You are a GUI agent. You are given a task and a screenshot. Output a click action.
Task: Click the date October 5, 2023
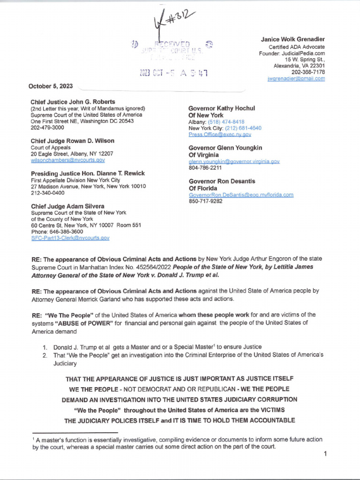click(x=52, y=86)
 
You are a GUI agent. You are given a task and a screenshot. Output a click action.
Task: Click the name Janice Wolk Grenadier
click(x=293, y=39)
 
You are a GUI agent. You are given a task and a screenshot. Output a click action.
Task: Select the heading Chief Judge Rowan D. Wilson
click(x=72, y=141)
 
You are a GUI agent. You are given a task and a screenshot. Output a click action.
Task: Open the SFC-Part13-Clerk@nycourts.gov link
click(x=70, y=238)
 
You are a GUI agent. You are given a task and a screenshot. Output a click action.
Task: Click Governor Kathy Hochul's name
click(x=222, y=108)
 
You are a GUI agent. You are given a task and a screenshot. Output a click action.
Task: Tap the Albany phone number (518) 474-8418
click(x=230, y=121)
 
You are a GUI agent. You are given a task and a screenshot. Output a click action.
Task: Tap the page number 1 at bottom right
click(x=324, y=454)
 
